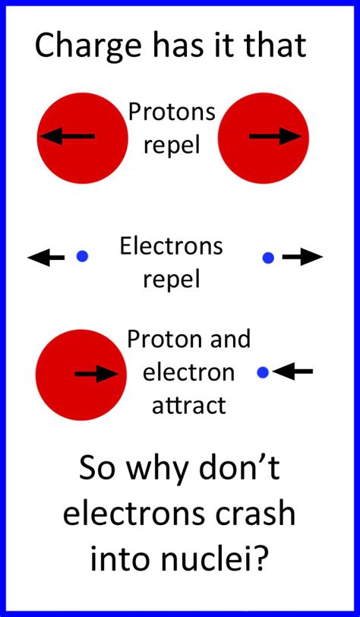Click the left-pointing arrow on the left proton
pos(67,137)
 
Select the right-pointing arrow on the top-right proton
pos(275,137)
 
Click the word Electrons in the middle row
pos(172,246)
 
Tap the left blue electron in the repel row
pos(82,258)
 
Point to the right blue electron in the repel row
pos(268,258)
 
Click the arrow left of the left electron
pos(46,258)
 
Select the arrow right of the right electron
pos(302,258)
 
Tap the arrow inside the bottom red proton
pos(96,373)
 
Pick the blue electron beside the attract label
pos(263,372)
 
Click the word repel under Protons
pos(172,144)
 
